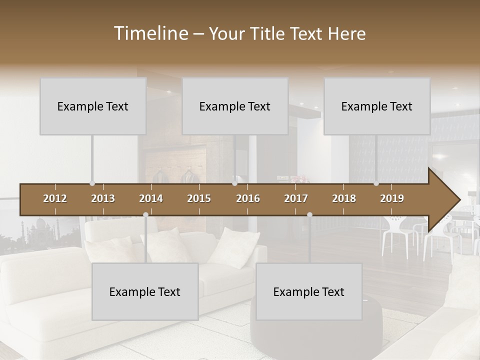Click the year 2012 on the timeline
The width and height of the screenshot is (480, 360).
(55, 198)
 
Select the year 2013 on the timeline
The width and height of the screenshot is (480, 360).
(103, 198)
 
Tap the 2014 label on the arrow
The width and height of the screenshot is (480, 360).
(151, 198)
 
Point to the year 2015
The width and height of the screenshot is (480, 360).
(199, 198)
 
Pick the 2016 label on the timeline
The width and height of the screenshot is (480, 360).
(248, 198)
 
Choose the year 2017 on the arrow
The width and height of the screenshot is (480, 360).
(296, 198)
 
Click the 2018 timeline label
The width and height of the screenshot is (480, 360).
(344, 198)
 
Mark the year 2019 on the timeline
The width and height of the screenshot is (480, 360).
(392, 198)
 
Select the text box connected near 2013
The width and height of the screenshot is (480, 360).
(93, 106)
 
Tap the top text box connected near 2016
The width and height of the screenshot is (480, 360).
(235, 106)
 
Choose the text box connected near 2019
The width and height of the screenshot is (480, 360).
(377, 106)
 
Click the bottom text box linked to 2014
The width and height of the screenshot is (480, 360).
(145, 291)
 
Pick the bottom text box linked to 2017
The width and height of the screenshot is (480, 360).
(309, 291)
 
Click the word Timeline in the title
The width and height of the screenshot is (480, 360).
(151, 33)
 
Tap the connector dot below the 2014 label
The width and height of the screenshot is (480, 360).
(145, 214)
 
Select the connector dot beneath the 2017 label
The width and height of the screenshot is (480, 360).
(309, 214)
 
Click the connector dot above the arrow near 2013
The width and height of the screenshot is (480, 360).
(92, 183)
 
